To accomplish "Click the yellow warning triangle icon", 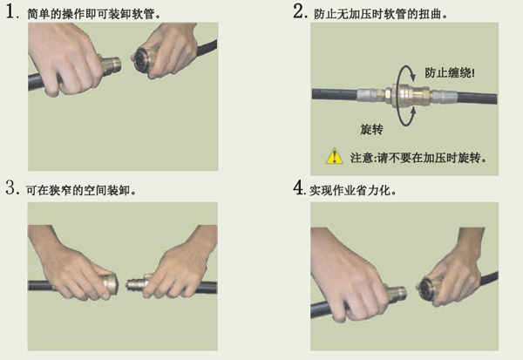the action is click(x=334, y=156).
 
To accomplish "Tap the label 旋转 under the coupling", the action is click(x=371, y=129).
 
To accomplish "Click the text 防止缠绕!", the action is click(x=449, y=72).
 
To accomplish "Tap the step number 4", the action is click(x=298, y=187).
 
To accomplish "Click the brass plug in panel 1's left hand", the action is click(x=110, y=65).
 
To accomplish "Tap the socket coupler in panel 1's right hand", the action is click(x=144, y=60).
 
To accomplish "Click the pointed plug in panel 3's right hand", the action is click(x=138, y=284).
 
